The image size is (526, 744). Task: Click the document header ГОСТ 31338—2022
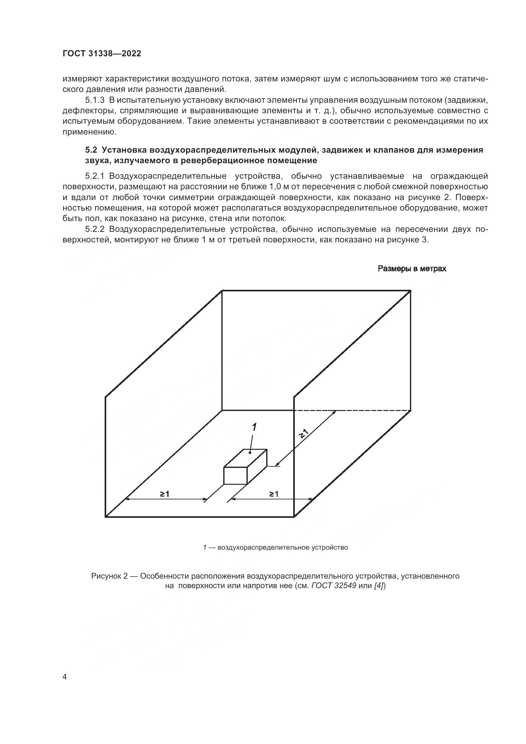[x=102, y=54]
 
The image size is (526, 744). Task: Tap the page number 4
[x=65, y=677]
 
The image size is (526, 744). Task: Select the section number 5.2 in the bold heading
[x=91, y=150]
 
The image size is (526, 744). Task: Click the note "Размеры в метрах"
[x=412, y=269]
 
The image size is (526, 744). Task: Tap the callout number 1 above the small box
[x=254, y=427]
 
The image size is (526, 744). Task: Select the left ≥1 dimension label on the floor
[x=164, y=494]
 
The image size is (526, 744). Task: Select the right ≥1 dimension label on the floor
[x=273, y=494]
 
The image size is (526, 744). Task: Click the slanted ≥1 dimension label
[x=304, y=434]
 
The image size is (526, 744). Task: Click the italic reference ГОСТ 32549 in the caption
[x=334, y=586]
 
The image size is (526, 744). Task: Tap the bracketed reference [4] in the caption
[x=379, y=586]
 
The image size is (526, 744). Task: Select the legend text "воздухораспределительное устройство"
[x=282, y=548]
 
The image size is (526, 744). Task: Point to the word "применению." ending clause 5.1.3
[x=89, y=132]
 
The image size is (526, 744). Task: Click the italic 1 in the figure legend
[x=205, y=548]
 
